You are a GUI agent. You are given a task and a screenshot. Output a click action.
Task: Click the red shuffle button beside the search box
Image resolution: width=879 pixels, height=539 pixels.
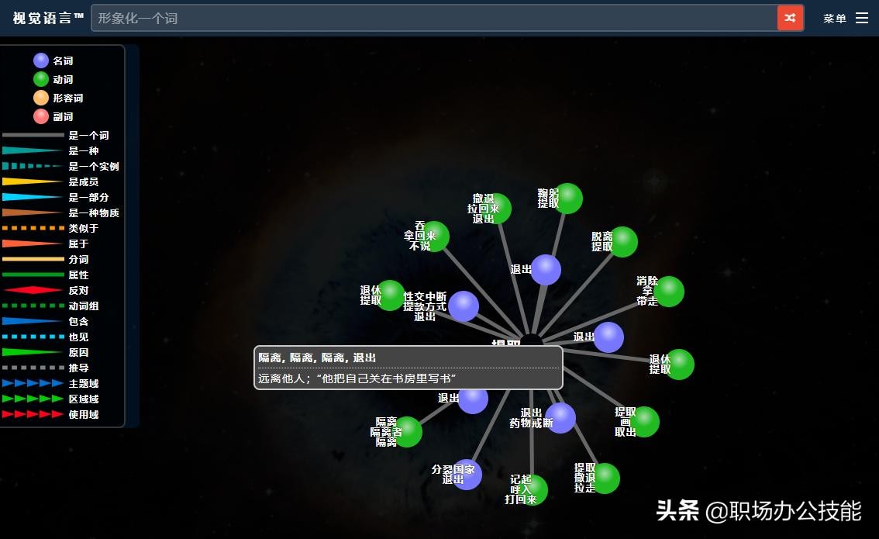tap(790, 18)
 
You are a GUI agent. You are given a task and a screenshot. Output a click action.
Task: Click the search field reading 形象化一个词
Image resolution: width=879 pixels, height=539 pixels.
tap(434, 18)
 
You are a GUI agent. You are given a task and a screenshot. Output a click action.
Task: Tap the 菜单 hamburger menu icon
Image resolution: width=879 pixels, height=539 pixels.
tap(862, 18)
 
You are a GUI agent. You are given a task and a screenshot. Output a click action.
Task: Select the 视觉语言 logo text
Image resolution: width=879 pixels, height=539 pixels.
tap(48, 18)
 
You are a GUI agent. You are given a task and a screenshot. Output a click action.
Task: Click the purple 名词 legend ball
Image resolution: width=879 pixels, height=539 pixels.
tap(41, 60)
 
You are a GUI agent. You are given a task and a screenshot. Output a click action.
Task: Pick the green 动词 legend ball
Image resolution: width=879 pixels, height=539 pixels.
tap(41, 79)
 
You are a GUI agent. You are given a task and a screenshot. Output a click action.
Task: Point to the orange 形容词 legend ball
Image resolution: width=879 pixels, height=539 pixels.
tap(41, 98)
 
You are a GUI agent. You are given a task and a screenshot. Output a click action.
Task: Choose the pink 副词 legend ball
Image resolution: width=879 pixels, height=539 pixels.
tap(41, 116)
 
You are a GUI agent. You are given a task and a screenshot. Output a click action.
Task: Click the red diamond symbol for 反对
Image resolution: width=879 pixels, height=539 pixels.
tap(33, 290)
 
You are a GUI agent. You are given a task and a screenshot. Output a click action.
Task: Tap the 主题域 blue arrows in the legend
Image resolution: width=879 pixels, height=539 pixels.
tap(33, 383)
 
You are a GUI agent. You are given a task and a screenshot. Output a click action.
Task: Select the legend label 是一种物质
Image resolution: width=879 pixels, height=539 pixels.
tap(94, 212)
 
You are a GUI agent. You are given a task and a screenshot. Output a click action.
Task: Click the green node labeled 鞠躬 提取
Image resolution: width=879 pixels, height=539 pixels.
tap(568, 199)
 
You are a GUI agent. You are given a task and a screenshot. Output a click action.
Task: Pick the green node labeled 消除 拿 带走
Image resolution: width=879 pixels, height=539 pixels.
tap(670, 292)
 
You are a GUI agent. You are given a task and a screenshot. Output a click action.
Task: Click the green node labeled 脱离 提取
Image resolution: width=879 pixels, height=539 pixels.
tap(623, 242)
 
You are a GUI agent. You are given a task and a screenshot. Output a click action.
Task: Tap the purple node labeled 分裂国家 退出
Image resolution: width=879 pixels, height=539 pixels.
tap(467, 475)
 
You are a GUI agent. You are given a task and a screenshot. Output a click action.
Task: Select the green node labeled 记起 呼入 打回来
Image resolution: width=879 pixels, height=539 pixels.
tap(533, 489)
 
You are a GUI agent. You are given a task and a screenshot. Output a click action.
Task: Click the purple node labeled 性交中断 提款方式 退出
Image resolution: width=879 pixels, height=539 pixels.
tap(464, 306)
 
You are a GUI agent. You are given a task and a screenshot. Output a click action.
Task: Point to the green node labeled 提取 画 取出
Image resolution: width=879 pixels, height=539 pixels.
tap(644, 422)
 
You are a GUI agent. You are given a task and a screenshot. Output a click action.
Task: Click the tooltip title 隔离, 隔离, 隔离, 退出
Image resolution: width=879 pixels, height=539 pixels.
tap(317, 358)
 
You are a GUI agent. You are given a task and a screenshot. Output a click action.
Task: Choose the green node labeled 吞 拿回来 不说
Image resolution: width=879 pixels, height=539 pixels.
tap(435, 237)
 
